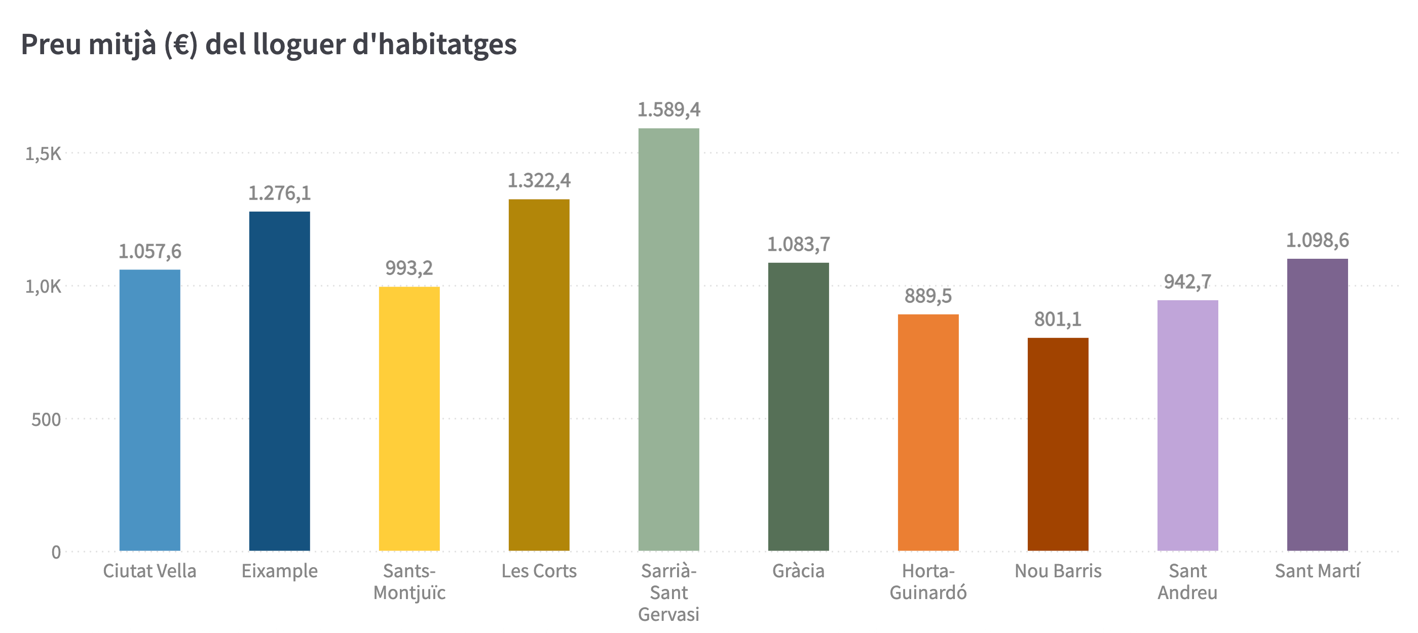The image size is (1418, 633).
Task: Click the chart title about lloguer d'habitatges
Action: tap(269, 44)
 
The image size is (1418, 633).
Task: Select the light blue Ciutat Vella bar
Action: tap(150, 410)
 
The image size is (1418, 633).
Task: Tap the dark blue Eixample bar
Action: tap(280, 381)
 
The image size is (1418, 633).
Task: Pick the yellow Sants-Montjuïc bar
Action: tap(409, 418)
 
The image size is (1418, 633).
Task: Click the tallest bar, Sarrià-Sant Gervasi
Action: tap(668, 339)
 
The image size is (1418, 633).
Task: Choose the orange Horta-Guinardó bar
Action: tap(928, 432)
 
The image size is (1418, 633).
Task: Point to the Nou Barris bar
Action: tap(1058, 444)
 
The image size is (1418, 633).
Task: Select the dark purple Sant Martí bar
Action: tap(1317, 404)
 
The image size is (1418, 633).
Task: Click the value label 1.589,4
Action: tap(668, 110)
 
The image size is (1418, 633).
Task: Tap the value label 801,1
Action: tap(1058, 319)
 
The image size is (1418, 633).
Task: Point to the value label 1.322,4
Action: tap(539, 180)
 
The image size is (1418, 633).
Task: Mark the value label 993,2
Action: tap(409, 268)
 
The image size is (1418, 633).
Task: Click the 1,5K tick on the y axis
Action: tap(43, 153)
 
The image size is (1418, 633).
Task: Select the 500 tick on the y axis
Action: tap(46, 420)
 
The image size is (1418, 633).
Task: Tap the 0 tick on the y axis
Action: tap(56, 552)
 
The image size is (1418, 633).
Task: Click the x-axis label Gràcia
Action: tap(798, 571)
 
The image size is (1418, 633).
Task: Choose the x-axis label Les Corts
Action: tap(539, 571)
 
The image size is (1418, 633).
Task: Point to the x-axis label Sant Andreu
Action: tap(1187, 581)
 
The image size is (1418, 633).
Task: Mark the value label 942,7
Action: tap(1187, 282)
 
